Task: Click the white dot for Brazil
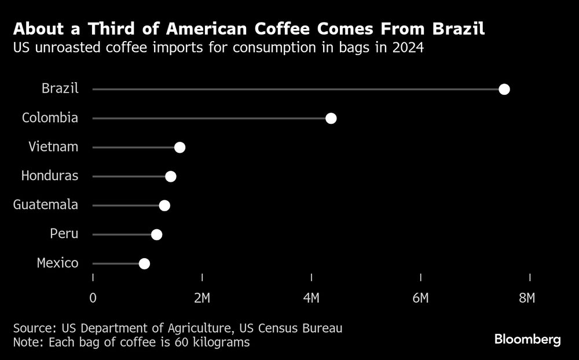pos(504,89)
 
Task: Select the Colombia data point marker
pos(331,119)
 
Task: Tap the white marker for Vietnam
pos(179,148)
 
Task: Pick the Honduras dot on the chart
pos(170,177)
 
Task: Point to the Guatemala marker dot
pos(164,205)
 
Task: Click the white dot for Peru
pos(156,234)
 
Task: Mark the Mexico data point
pos(144,264)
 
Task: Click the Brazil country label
pos(60,89)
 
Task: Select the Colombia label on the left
pos(50,117)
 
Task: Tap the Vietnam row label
pos(53,146)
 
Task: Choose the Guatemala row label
pos(46,204)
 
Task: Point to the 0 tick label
pos(93,298)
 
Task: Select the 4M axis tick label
pos(311,298)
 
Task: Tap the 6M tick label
pos(420,298)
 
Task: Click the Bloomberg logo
pos(527,340)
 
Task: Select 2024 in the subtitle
pos(408,47)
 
